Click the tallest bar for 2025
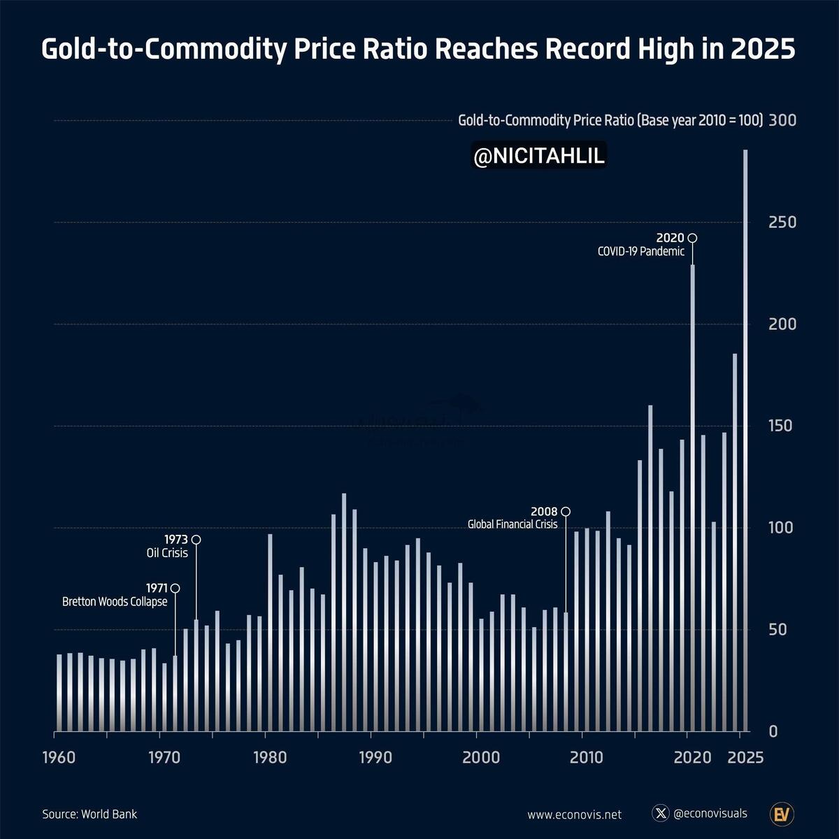[745, 440]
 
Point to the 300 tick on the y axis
[782, 120]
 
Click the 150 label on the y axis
[782, 426]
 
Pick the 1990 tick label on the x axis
[375, 757]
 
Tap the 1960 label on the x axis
[59, 757]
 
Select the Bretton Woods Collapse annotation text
[115, 601]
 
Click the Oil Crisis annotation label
[167, 553]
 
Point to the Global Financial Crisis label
[512, 524]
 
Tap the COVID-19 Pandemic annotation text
[641, 252]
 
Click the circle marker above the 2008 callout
[566, 511]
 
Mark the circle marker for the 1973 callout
[196, 540]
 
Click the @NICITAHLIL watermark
[538, 157]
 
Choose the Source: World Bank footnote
[89, 814]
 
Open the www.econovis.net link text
[574, 815]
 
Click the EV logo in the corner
[782, 814]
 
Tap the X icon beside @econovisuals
[661, 813]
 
